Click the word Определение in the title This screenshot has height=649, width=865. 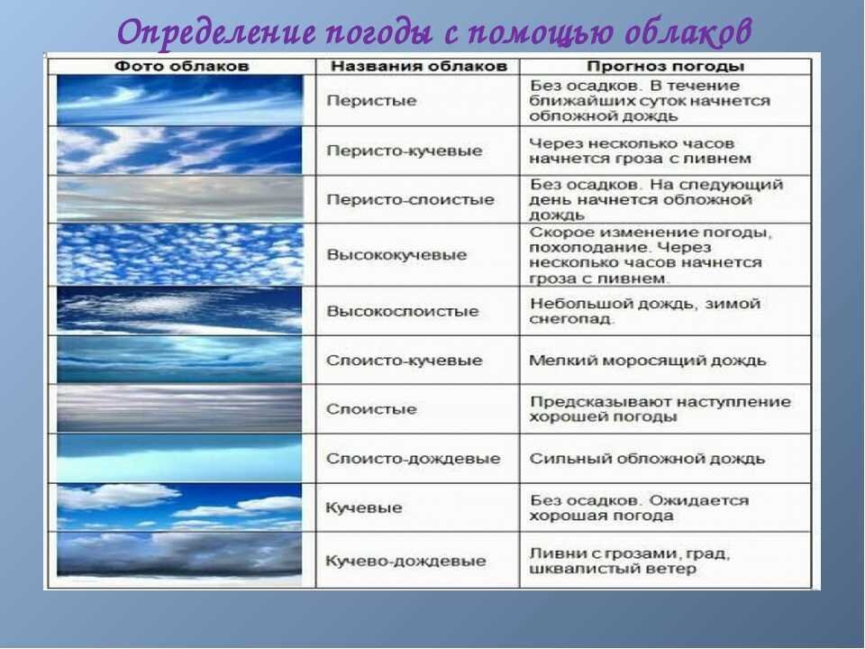coord(216,32)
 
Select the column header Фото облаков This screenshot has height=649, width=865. coord(181,66)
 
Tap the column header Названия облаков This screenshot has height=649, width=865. coord(419,66)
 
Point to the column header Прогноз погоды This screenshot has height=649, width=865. coord(665,67)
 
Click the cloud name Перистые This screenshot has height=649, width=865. coord(371,100)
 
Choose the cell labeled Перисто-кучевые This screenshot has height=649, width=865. coord(405,151)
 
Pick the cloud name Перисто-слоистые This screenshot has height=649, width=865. coord(411,199)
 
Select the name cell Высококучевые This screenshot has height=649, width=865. coord(396,255)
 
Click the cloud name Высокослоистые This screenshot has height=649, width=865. coord(403,311)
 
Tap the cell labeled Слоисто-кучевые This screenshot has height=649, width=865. coord(405,361)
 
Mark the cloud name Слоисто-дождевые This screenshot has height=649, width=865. coord(414,459)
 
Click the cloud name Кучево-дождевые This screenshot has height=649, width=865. coord(406,562)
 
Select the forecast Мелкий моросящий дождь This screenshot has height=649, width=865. coord(648,361)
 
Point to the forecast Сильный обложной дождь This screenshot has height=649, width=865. coord(647,459)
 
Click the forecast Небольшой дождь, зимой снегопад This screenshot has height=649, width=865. coord(645,311)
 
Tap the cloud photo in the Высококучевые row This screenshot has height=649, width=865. coord(180,254)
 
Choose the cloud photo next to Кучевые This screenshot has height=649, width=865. coord(180,507)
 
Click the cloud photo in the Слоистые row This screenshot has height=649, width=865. coord(180,409)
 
